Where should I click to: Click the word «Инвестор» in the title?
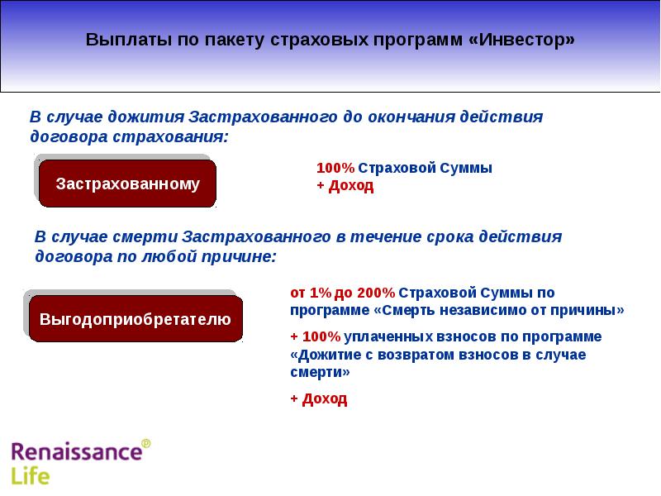(x=526, y=41)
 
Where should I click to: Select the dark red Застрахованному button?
(x=128, y=184)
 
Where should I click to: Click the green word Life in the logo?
(x=31, y=476)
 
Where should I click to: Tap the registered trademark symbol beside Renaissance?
(x=146, y=444)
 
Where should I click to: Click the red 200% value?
(x=376, y=293)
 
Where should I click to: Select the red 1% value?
(x=319, y=293)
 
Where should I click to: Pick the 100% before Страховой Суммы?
(x=335, y=168)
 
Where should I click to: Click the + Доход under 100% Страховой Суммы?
(x=345, y=186)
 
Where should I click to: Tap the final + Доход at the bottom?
(x=318, y=399)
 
